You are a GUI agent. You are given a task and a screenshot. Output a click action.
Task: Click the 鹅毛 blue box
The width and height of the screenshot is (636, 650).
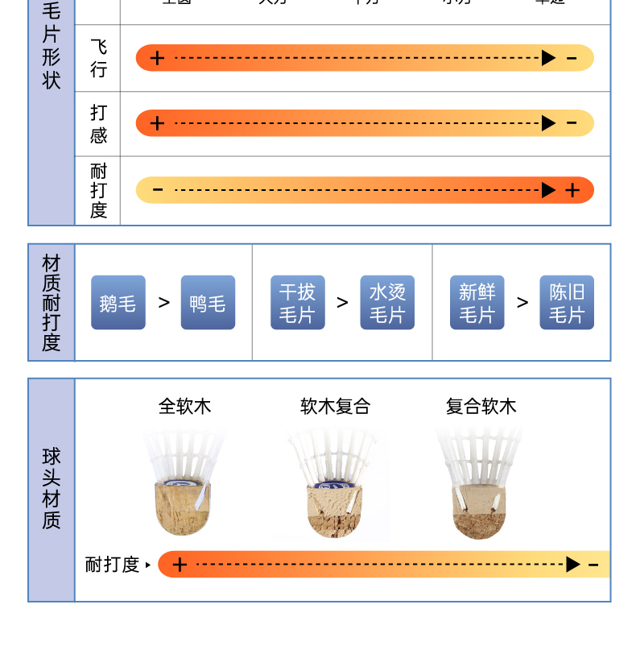point(118,303)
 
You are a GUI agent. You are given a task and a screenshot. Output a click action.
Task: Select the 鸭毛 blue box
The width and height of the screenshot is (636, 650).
point(208,303)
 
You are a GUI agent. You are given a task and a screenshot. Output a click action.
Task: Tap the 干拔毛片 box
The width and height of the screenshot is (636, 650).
point(298,303)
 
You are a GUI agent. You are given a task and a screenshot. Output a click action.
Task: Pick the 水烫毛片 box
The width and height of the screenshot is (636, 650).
point(387,303)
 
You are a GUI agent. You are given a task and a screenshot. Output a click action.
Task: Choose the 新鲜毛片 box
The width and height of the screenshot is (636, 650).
point(477,303)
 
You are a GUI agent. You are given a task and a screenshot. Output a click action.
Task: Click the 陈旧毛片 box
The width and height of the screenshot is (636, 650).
point(567,303)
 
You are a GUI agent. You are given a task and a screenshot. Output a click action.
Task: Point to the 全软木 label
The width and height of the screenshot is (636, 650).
point(185,406)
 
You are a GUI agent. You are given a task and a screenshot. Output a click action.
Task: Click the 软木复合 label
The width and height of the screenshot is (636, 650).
point(335,406)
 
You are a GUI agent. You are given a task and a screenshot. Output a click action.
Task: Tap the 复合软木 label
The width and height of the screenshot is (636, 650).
point(481,406)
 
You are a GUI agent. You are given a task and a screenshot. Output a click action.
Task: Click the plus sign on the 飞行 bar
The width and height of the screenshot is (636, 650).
point(158,58)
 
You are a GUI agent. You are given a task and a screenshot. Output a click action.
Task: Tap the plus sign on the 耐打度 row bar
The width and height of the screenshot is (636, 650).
point(572,190)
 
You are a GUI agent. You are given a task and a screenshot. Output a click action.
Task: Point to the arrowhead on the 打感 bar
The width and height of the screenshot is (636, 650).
point(549,123)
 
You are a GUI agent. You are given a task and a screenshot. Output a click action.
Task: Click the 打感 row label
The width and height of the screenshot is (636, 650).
point(98,123)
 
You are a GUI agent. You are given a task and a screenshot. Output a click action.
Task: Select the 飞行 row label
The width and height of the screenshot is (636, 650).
point(98,58)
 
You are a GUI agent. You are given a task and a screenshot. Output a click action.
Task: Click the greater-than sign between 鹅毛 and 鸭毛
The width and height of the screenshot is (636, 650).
point(164,303)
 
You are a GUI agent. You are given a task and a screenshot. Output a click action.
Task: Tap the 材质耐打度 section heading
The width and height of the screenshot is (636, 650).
point(52,303)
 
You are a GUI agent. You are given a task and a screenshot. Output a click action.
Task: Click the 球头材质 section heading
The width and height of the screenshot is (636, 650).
point(52,490)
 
